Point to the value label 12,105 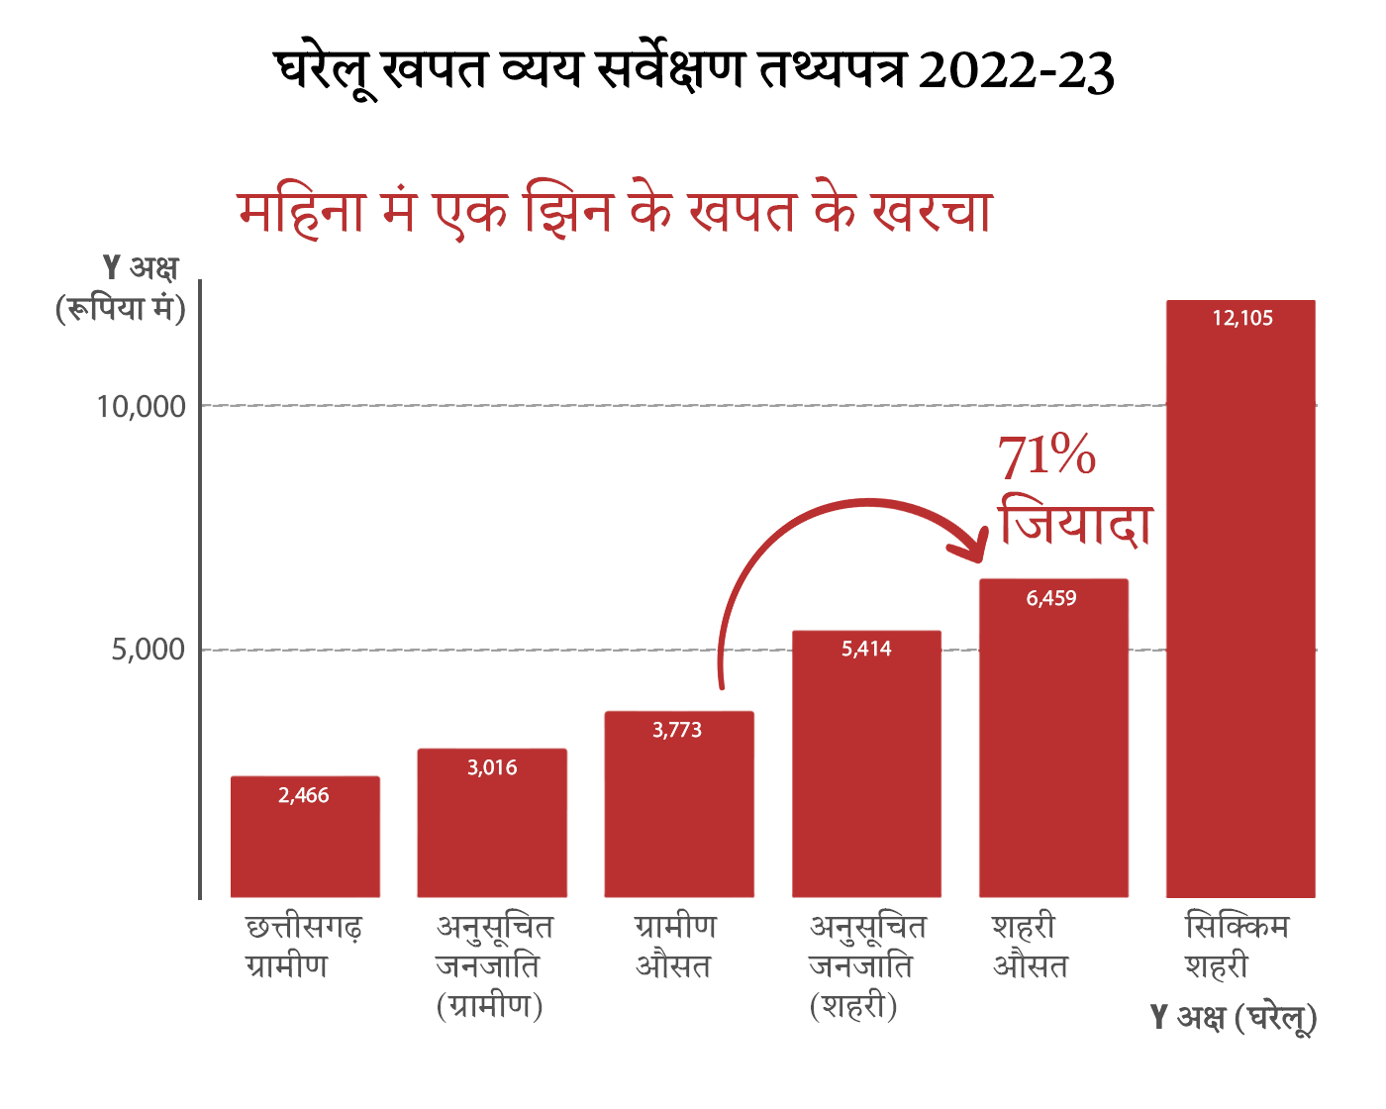pyautogui.click(x=1242, y=318)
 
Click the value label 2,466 pyautogui.click(x=304, y=795)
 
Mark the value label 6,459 pyautogui.click(x=1051, y=598)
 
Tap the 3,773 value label pyautogui.click(x=677, y=730)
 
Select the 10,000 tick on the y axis pyautogui.click(x=142, y=406)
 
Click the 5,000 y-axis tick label pyautogui.click(x=148, y=650)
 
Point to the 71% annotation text pyautogui.click(x=1046, y=456)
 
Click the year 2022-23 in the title pyautogui.click(x=1016, y=71)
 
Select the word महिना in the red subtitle pyautogui.click(x=302, y=211)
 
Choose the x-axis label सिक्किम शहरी pyautogui.click(x=1237, y=946)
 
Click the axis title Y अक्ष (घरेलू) pyautogui.click(x=1234, y=1017)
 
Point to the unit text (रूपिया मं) pyautogui.click(x=121, y=308)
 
